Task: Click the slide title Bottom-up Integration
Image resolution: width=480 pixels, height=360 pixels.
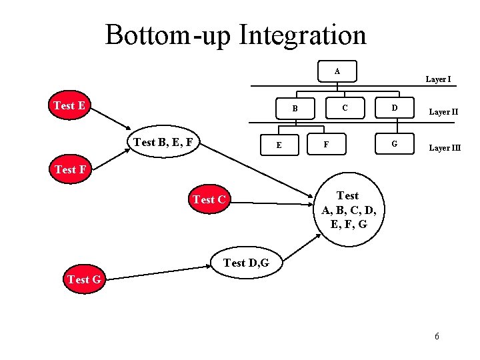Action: pyautogui.click(x=235, y=35)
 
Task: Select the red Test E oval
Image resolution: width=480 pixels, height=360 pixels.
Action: pyautogui.click(x=73, y=106)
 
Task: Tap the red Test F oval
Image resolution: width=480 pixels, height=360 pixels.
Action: pyautogui.click(x=70, y=169)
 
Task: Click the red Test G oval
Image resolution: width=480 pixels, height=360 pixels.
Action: pyautogui.click(x=84, y=279)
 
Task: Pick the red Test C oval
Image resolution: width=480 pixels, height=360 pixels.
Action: pyautogui.click(x=209, y=199)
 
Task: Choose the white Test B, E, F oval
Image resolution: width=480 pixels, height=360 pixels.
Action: pyautogui.click(x=163, y=142)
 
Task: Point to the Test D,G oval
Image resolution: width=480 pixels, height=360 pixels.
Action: pyautogui.click(x=246, y=263)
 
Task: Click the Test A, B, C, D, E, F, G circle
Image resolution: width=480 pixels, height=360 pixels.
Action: pyautogui.click(x=347, y=210)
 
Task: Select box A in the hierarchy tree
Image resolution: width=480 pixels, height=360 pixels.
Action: pyautogui.click(x=337, y=71)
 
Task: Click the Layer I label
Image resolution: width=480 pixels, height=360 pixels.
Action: pyautogui.click(x=438, y=79)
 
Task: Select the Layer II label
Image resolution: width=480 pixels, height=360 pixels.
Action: pyautogui.click(x=443, y=112)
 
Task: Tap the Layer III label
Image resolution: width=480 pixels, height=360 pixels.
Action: pyautogui.click(x=444, y=147)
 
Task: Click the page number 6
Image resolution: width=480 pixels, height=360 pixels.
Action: pyautogui.click(x=437, y=336)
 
